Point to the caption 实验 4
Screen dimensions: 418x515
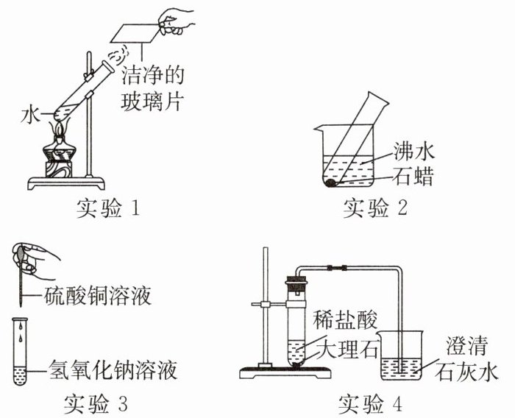(x=372, y=404)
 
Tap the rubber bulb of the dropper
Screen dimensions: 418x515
(x=22, y=255)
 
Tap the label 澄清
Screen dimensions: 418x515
(x=464, y=345)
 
